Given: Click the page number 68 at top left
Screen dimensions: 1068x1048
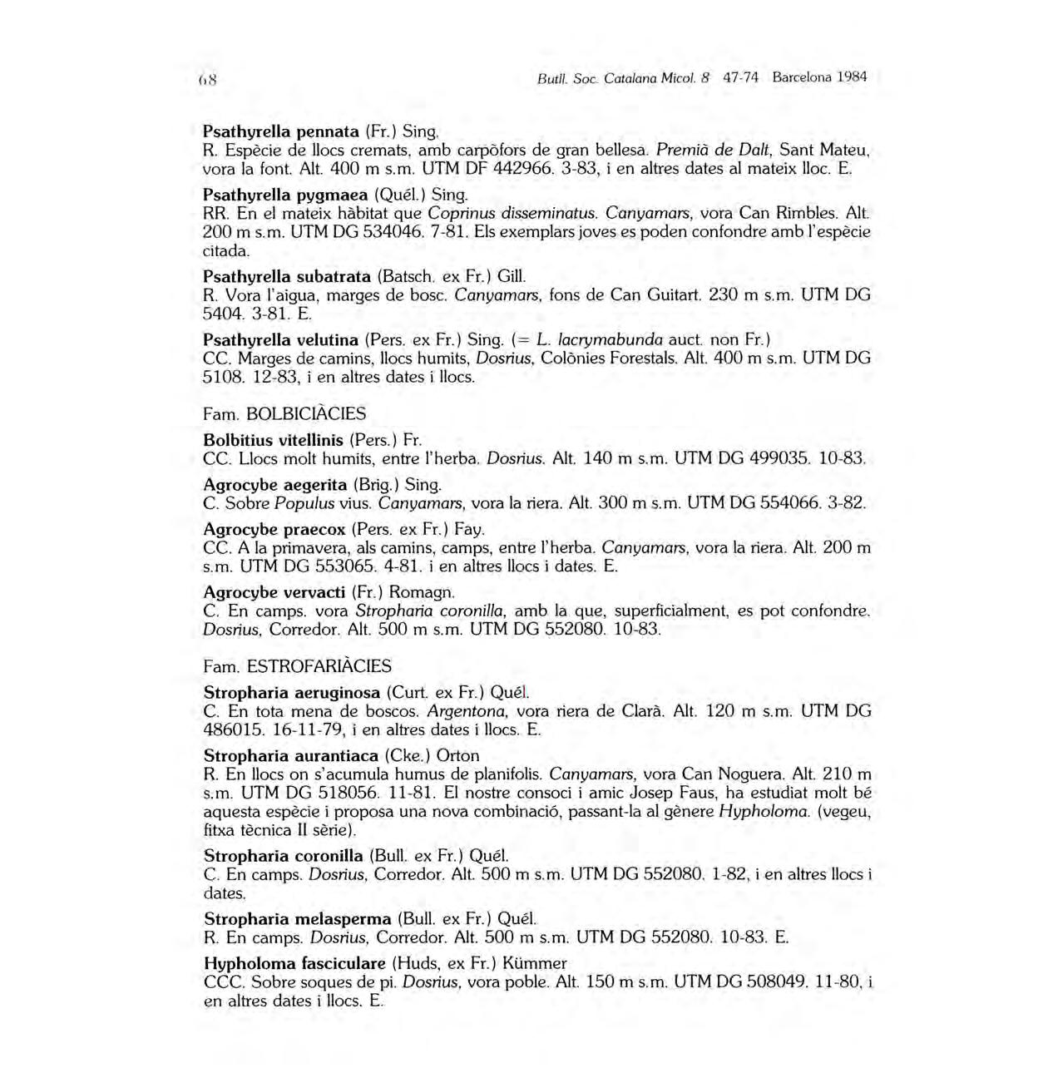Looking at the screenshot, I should [208, 81].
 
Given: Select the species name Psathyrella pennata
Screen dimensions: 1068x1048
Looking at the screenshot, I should [280, 131].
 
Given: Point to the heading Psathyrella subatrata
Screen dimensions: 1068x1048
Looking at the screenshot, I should [287, 276].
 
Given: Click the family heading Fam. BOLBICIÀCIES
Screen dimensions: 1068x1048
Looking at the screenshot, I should [284, 413].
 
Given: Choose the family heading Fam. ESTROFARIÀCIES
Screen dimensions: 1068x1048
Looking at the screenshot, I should [297, 666].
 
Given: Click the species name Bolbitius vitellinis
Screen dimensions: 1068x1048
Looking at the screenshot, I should [274, 439].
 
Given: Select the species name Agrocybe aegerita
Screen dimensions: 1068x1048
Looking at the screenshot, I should [274, 484].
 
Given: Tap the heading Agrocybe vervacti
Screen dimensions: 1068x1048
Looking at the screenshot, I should [274, 592].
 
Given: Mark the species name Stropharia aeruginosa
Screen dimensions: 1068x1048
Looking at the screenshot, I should [291, 692].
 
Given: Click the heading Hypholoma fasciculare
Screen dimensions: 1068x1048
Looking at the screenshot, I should [294, 963].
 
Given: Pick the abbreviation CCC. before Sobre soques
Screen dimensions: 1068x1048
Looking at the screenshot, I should [223, 982].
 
